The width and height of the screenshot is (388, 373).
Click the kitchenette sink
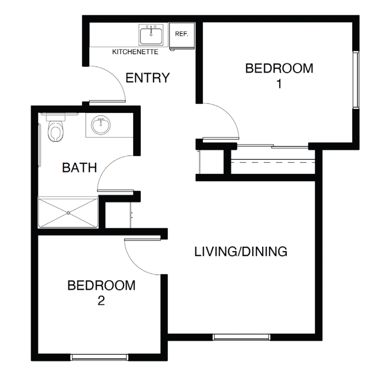tap(151, 35)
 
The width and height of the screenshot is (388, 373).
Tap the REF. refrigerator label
tap(182, 34)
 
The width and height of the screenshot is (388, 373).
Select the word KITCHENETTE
tap(135, 52)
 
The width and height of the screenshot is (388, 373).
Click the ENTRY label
tap(148, 78)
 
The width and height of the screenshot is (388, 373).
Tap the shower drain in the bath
tap(68, 212)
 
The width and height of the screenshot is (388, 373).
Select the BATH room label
tap(79, 168)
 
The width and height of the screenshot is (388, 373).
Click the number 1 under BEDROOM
tap(279, 84)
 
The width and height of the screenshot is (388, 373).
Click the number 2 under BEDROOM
tap(101, 301)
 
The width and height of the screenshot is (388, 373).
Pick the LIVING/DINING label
tap(241, 251)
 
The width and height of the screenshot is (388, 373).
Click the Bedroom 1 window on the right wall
tap(356, 79)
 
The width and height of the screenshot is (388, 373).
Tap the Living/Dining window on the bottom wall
tap(242, 337)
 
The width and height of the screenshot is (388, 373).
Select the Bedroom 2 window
tap(100, 357)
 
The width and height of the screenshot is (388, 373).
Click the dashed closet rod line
tap(273, 162)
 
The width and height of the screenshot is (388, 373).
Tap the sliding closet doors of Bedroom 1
tap(273, 146)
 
